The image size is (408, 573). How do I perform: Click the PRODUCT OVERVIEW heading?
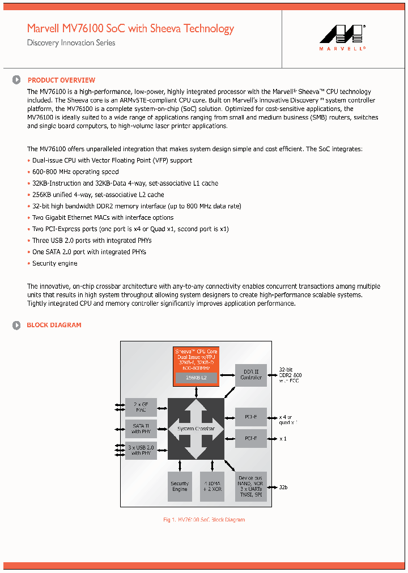click(x=61, y=80)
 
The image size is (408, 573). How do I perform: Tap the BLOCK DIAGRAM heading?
click(x=54, y=325)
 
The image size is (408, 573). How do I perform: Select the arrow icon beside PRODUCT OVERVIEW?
click(x=16, y=80)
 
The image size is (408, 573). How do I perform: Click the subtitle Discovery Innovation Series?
click(x=71, y=43)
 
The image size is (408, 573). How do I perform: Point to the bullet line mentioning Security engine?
click(x=54, y=263)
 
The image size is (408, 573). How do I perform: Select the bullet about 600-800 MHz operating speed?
click(x=75, y=172)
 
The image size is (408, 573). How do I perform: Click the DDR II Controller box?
click(x=251, y=375)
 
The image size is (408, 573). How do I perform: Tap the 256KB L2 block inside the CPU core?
click(x=195, y=378)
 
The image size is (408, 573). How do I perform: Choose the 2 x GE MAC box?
click(x=141, y=407)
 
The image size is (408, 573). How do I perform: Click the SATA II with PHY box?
click(x=141, y=429)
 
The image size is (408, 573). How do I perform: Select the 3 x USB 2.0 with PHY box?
click(x=141, y=450)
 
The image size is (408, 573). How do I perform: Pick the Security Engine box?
click(x=180, y=486)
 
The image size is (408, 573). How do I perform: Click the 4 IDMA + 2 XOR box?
click(x=212, y=486)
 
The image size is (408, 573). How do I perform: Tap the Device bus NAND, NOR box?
click(x=251, y=486)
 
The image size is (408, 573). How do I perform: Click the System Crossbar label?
click(x=196, y=429)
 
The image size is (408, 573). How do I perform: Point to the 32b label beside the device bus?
click(x=283, y=487)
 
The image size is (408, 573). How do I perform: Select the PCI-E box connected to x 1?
click(x=251, y=438)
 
